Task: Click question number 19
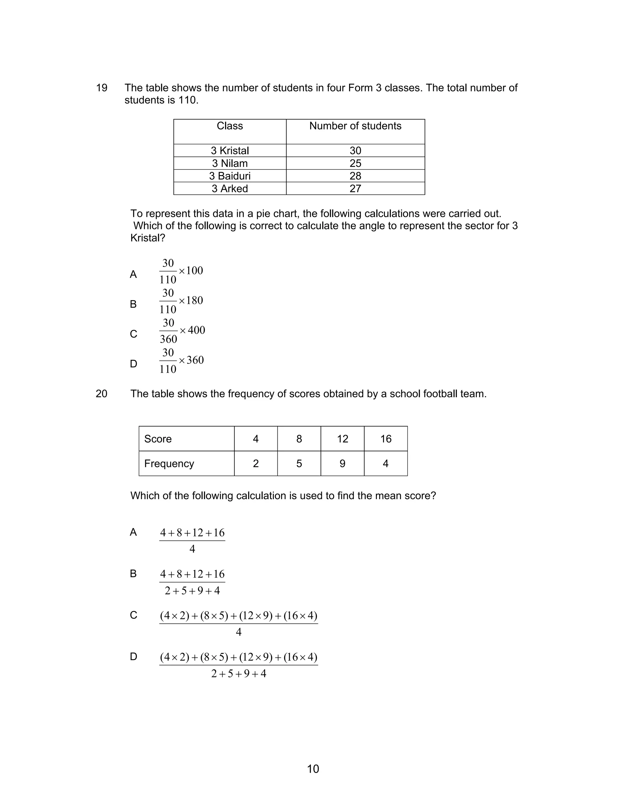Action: pyautogui.click(x=101, y=88)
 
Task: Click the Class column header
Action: pyautogui.click(x=230, y=126)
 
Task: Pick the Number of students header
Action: pyautogui.click(x=355, y=126)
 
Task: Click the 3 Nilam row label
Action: pyautogui.click(x=230, y=163)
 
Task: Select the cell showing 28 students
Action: pyautogui.click(x=355, y=176)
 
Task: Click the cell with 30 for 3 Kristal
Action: pyautogui.click(x=355, y=151)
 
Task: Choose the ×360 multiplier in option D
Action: pyautogui.click(x=191, y=360)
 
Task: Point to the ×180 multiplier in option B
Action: pyautogui.click(x=191, y=300)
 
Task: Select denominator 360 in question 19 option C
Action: pyautogui.click(x=168, y=339)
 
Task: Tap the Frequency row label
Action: pyautogui.click(x=169, y=464)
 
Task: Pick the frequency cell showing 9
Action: pyautogui.click(x=342, y=464)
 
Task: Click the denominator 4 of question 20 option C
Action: pyautogui.click(x=238, y=632)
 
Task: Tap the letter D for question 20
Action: pyautogui.click(x=134, y=657)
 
